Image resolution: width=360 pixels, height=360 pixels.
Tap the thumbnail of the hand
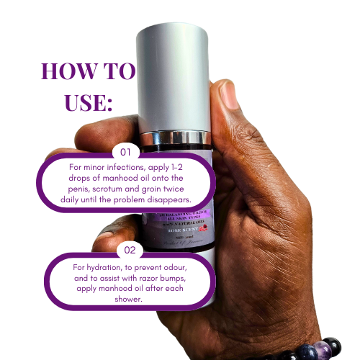point(228,94)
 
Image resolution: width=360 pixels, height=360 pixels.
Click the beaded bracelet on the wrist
point(317,349)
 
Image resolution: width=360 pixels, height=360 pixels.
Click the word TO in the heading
point(117,71)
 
